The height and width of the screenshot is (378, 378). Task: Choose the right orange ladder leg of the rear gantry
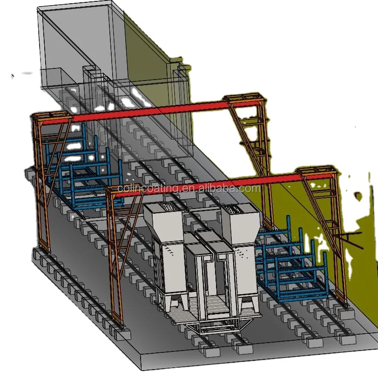254,140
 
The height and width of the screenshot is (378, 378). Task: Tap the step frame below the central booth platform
209,331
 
